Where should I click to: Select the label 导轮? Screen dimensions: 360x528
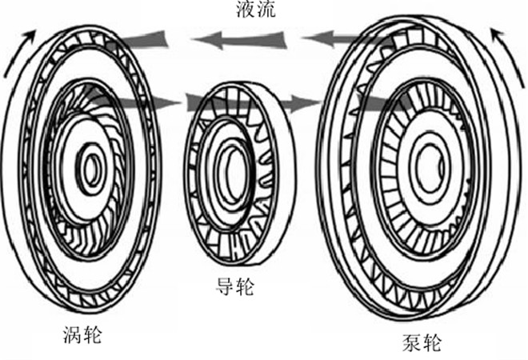(x=235, y=286)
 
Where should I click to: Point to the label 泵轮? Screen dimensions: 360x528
(x=421, y=345)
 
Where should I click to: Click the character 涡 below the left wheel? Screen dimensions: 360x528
(x=72, y=333)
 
